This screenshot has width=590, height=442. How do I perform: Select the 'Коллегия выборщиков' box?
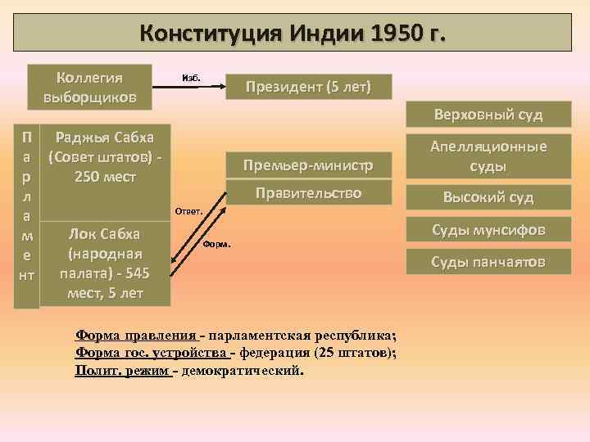[89, 87]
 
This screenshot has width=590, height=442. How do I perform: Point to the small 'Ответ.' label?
[185, 211]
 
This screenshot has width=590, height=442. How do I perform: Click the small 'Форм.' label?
[217, 245]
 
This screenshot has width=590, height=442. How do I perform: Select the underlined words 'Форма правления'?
[136, 336]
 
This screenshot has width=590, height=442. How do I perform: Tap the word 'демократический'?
[243, 370]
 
